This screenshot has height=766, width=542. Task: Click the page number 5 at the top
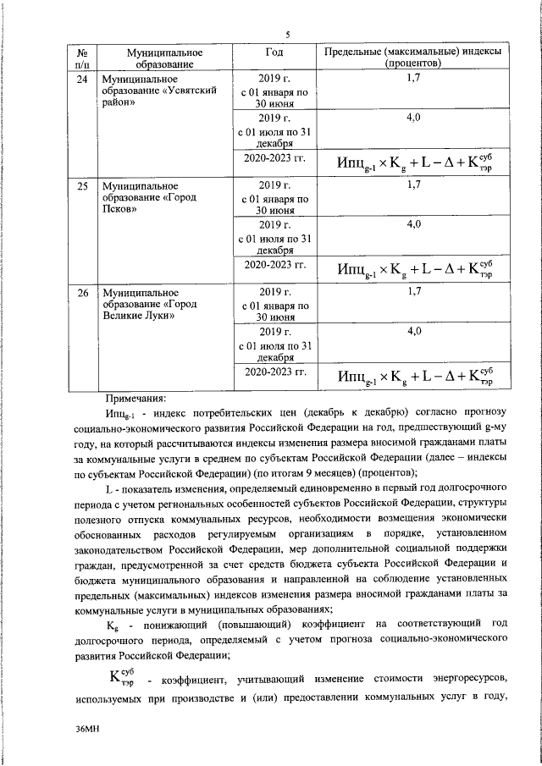coord(288,34)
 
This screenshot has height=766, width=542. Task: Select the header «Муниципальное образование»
coord(149,58)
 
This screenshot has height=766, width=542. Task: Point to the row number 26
coord(83,293)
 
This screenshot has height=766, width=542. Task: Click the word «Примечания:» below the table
coord(135,398)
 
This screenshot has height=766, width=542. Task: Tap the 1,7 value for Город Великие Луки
coord(412,293)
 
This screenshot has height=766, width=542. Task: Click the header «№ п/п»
coord(83,58)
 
